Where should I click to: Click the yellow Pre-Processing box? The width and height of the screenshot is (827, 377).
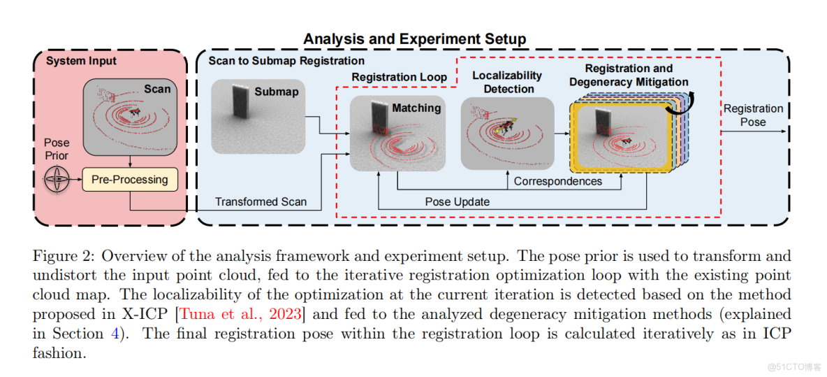tap(130, 180)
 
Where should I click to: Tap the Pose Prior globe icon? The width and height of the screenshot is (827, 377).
tap(57, 180)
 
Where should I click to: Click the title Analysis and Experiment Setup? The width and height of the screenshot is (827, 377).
tap(414, 39)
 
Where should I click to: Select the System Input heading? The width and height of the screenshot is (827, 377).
tap(82, 61)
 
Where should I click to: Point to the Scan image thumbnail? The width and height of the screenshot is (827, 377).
tap(129, 117)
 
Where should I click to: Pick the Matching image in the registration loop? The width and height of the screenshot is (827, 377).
tap(397, 134)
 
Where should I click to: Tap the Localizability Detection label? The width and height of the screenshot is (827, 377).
tap(508, 82)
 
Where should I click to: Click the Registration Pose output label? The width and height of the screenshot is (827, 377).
tap(753, 115)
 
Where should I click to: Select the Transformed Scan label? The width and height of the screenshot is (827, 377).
tap(261, 201)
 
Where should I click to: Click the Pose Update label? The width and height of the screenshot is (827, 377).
tap(458, 201)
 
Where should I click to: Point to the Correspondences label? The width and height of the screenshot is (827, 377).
tap(557, 181)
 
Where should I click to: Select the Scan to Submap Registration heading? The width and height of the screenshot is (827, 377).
tap(286, 61)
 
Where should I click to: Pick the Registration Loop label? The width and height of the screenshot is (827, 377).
tap(399, 77)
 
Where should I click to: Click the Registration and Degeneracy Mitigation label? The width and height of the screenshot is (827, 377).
tap(629, 75)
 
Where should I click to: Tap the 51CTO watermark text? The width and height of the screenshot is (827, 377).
tap(793, 367)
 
